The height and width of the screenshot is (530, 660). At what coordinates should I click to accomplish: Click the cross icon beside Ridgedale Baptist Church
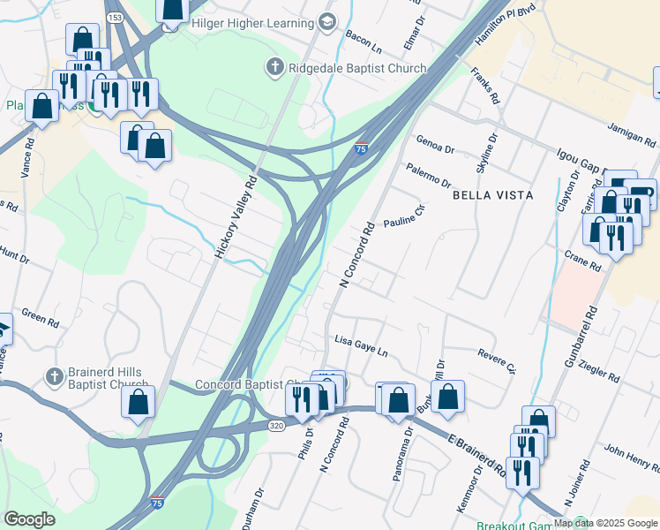tap(274, 67)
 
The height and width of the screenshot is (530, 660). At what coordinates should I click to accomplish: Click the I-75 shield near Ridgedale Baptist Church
tap(361, 149)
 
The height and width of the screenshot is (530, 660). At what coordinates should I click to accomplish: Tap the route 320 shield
tap(277, 425)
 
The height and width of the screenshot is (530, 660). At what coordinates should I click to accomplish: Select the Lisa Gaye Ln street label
tap(361, 344)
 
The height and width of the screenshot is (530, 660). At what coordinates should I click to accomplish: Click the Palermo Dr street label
tap(429, 175)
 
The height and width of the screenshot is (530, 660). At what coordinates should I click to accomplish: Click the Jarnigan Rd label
tap(632, 135)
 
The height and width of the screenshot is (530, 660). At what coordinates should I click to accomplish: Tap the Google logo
tap(29, 519)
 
